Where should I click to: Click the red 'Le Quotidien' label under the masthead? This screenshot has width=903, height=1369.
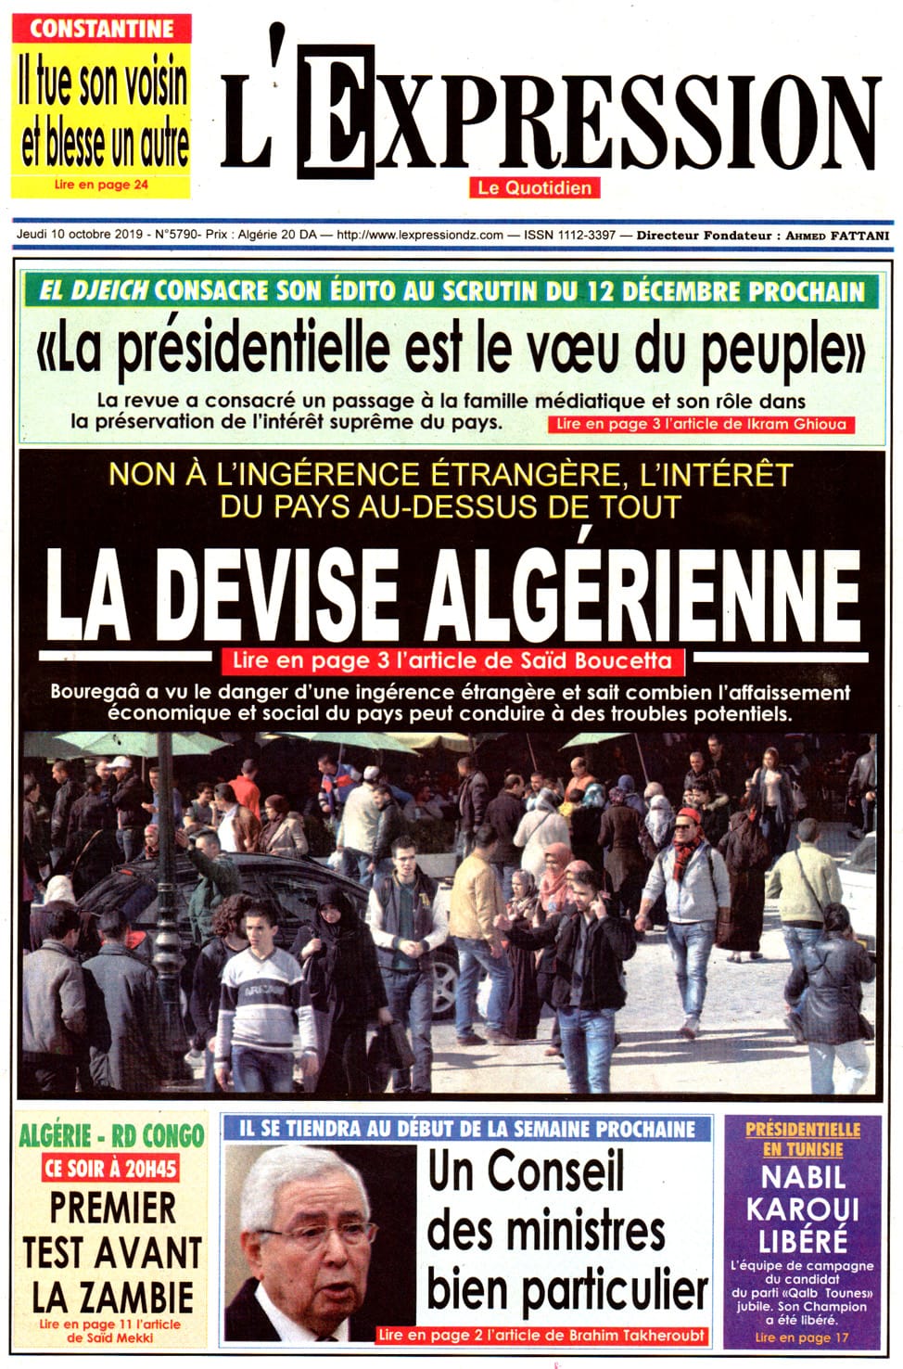tap(534, 188)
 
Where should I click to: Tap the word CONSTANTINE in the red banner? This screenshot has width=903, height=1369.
tap(101, 29)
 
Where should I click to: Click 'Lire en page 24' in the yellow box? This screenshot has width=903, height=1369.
tap(101, 185)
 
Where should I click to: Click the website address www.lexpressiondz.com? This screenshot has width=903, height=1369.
tap(420, 236)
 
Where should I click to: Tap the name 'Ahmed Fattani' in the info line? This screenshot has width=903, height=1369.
tap(837, 236)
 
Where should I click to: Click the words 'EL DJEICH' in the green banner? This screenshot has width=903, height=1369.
tap(95, 291)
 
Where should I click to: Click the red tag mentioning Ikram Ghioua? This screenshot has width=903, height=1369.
tap(701, 425)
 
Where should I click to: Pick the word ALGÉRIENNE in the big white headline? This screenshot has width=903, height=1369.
tap(642, 595)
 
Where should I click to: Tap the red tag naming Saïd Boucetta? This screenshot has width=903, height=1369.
tap(452, 661)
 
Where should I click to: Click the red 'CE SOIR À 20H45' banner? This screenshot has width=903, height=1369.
tap(110, 1169)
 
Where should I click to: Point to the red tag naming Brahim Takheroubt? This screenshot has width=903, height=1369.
tap(542, 1336)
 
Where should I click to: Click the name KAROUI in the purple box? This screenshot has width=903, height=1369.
tap(803, 1209)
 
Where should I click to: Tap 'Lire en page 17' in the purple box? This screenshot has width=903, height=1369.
tap(801, 1337)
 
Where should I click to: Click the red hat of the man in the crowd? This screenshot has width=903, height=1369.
tap(689, 816)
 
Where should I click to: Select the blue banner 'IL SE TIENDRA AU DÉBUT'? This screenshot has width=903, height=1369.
tap(467, 1129)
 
